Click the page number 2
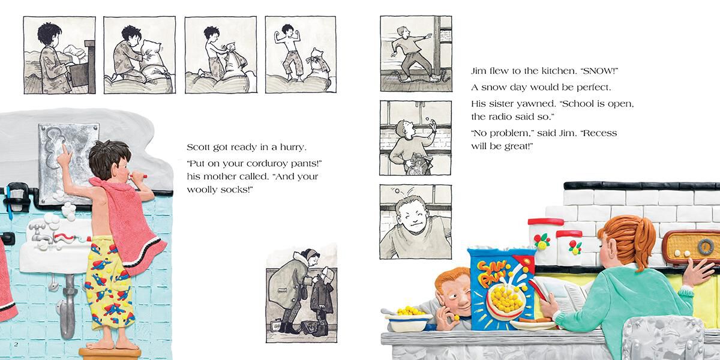(x=16, y=343)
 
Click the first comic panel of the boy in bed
(x=59, y=55)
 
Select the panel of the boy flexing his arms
(x=300, y=55)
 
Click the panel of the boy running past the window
(x=416, y=54)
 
